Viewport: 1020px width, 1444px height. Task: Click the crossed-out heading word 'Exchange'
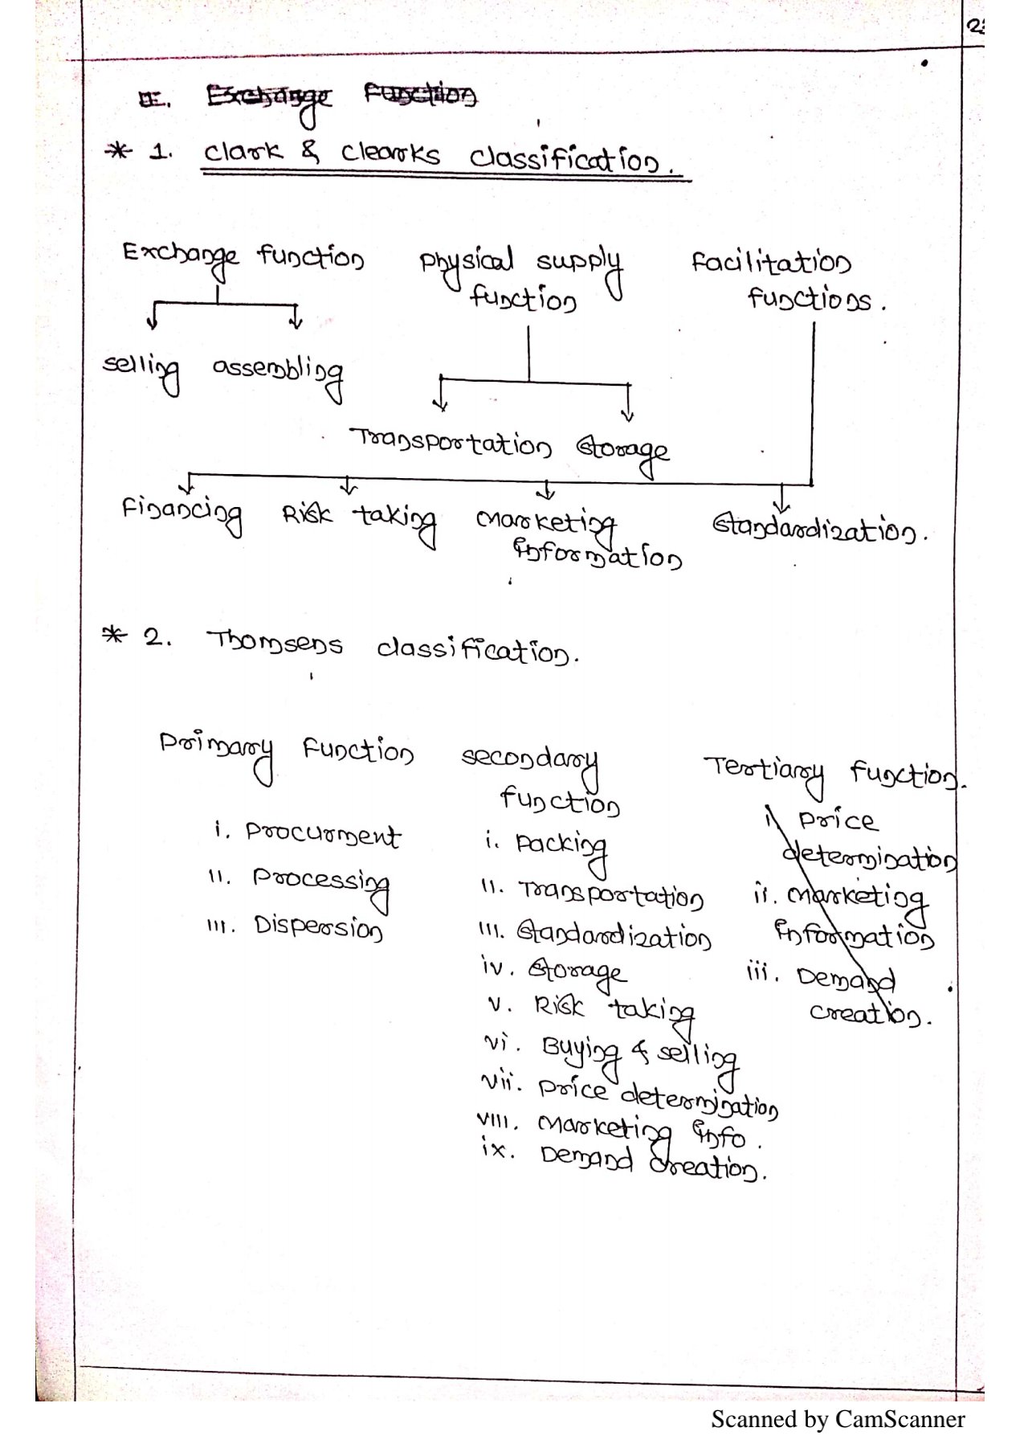tap(268, 98)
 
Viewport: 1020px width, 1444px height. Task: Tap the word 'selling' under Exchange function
tap(141, 368)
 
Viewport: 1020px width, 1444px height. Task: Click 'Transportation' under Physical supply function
tap(451, 443)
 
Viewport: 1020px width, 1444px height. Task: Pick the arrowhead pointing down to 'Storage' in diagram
tap(628, 414)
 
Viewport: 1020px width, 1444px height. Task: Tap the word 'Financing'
tap(182, 513)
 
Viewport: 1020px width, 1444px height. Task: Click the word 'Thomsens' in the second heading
tap(275, 643)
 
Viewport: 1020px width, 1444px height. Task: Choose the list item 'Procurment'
tap(322, 835)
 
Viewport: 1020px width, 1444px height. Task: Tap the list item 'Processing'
tap(320, 882)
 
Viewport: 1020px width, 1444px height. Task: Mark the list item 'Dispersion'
tap(318, 927)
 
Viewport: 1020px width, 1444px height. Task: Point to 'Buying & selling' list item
tap(639, 1053)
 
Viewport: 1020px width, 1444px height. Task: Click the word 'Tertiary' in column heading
tap(764, 770)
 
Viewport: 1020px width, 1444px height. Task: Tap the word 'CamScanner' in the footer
tap(900, 1420)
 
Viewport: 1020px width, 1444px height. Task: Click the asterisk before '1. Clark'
tap(119, 150)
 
